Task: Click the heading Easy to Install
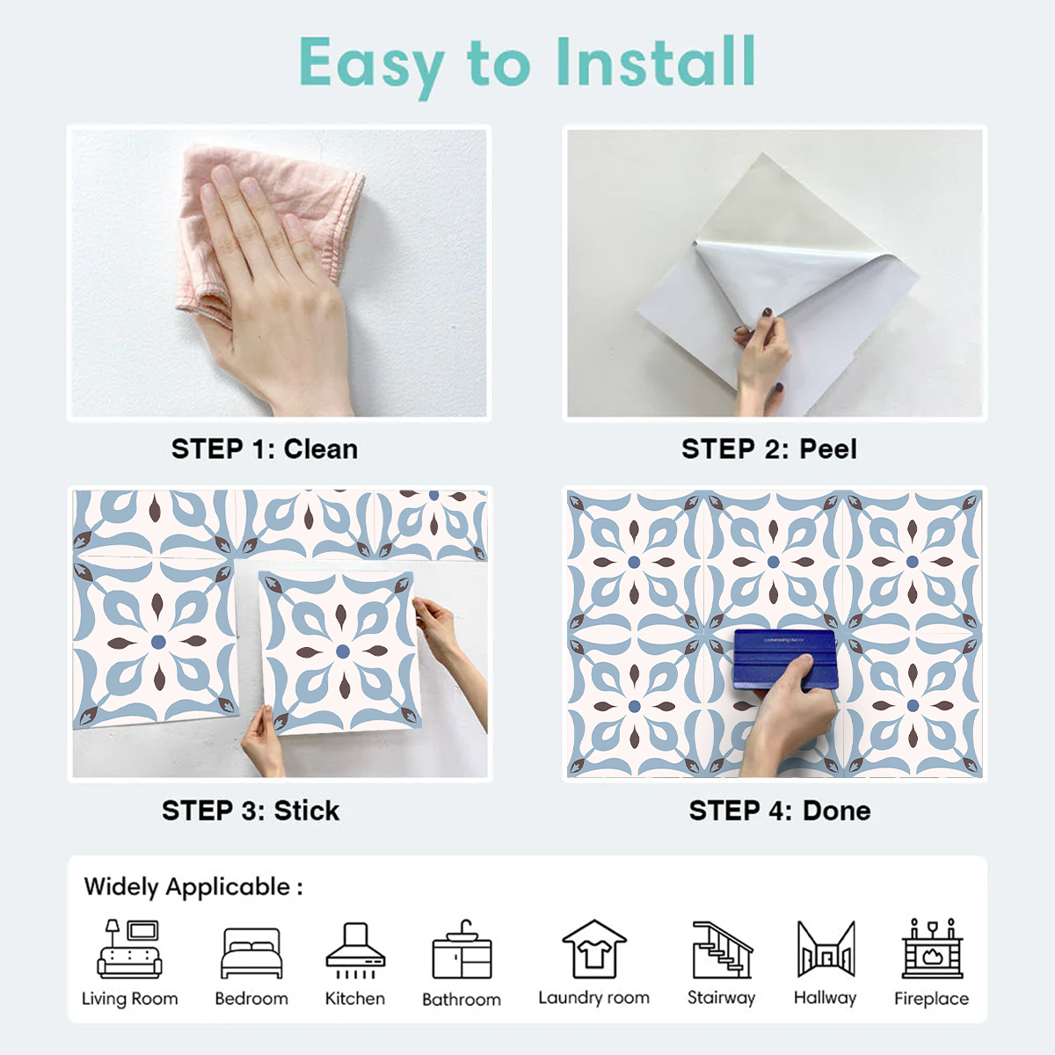point(527,63)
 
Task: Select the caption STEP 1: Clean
point(265,449)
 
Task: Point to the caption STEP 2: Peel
point(768,449)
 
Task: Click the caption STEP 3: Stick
point(251,811)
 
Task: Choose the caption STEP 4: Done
point(780,811)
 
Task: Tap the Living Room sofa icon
point(130,949)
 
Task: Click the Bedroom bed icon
point(251,953)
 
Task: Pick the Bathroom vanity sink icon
point(462,951)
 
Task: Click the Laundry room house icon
point(594,949)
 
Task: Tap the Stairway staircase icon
point(722,950)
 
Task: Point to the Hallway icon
point(825,949)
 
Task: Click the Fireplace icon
point(932,949)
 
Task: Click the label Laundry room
point(594,998)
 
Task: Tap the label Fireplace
point(931,999)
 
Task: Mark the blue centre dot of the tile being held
point(343,651)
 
